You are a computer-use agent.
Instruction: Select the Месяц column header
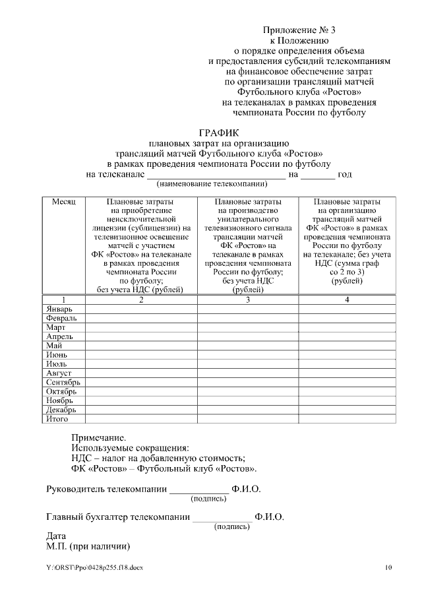point(64,201)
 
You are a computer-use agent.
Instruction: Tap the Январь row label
point(59,309)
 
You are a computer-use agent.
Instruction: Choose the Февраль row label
point(61,318)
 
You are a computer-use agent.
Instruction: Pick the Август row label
point(59,373)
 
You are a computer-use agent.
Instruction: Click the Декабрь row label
point(61,410)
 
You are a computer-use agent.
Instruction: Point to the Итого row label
point(57,419)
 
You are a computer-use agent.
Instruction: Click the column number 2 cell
point(141,299)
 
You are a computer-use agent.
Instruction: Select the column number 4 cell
point(347,299)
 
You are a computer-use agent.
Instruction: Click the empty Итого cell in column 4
point(347,419)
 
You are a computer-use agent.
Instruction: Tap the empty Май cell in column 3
point(247,346)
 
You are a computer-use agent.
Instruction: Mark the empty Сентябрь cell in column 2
point(141,382)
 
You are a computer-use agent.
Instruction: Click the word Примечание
point(98,437)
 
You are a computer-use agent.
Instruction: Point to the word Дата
point(57,536)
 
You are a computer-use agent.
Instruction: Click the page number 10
point(389,567)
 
